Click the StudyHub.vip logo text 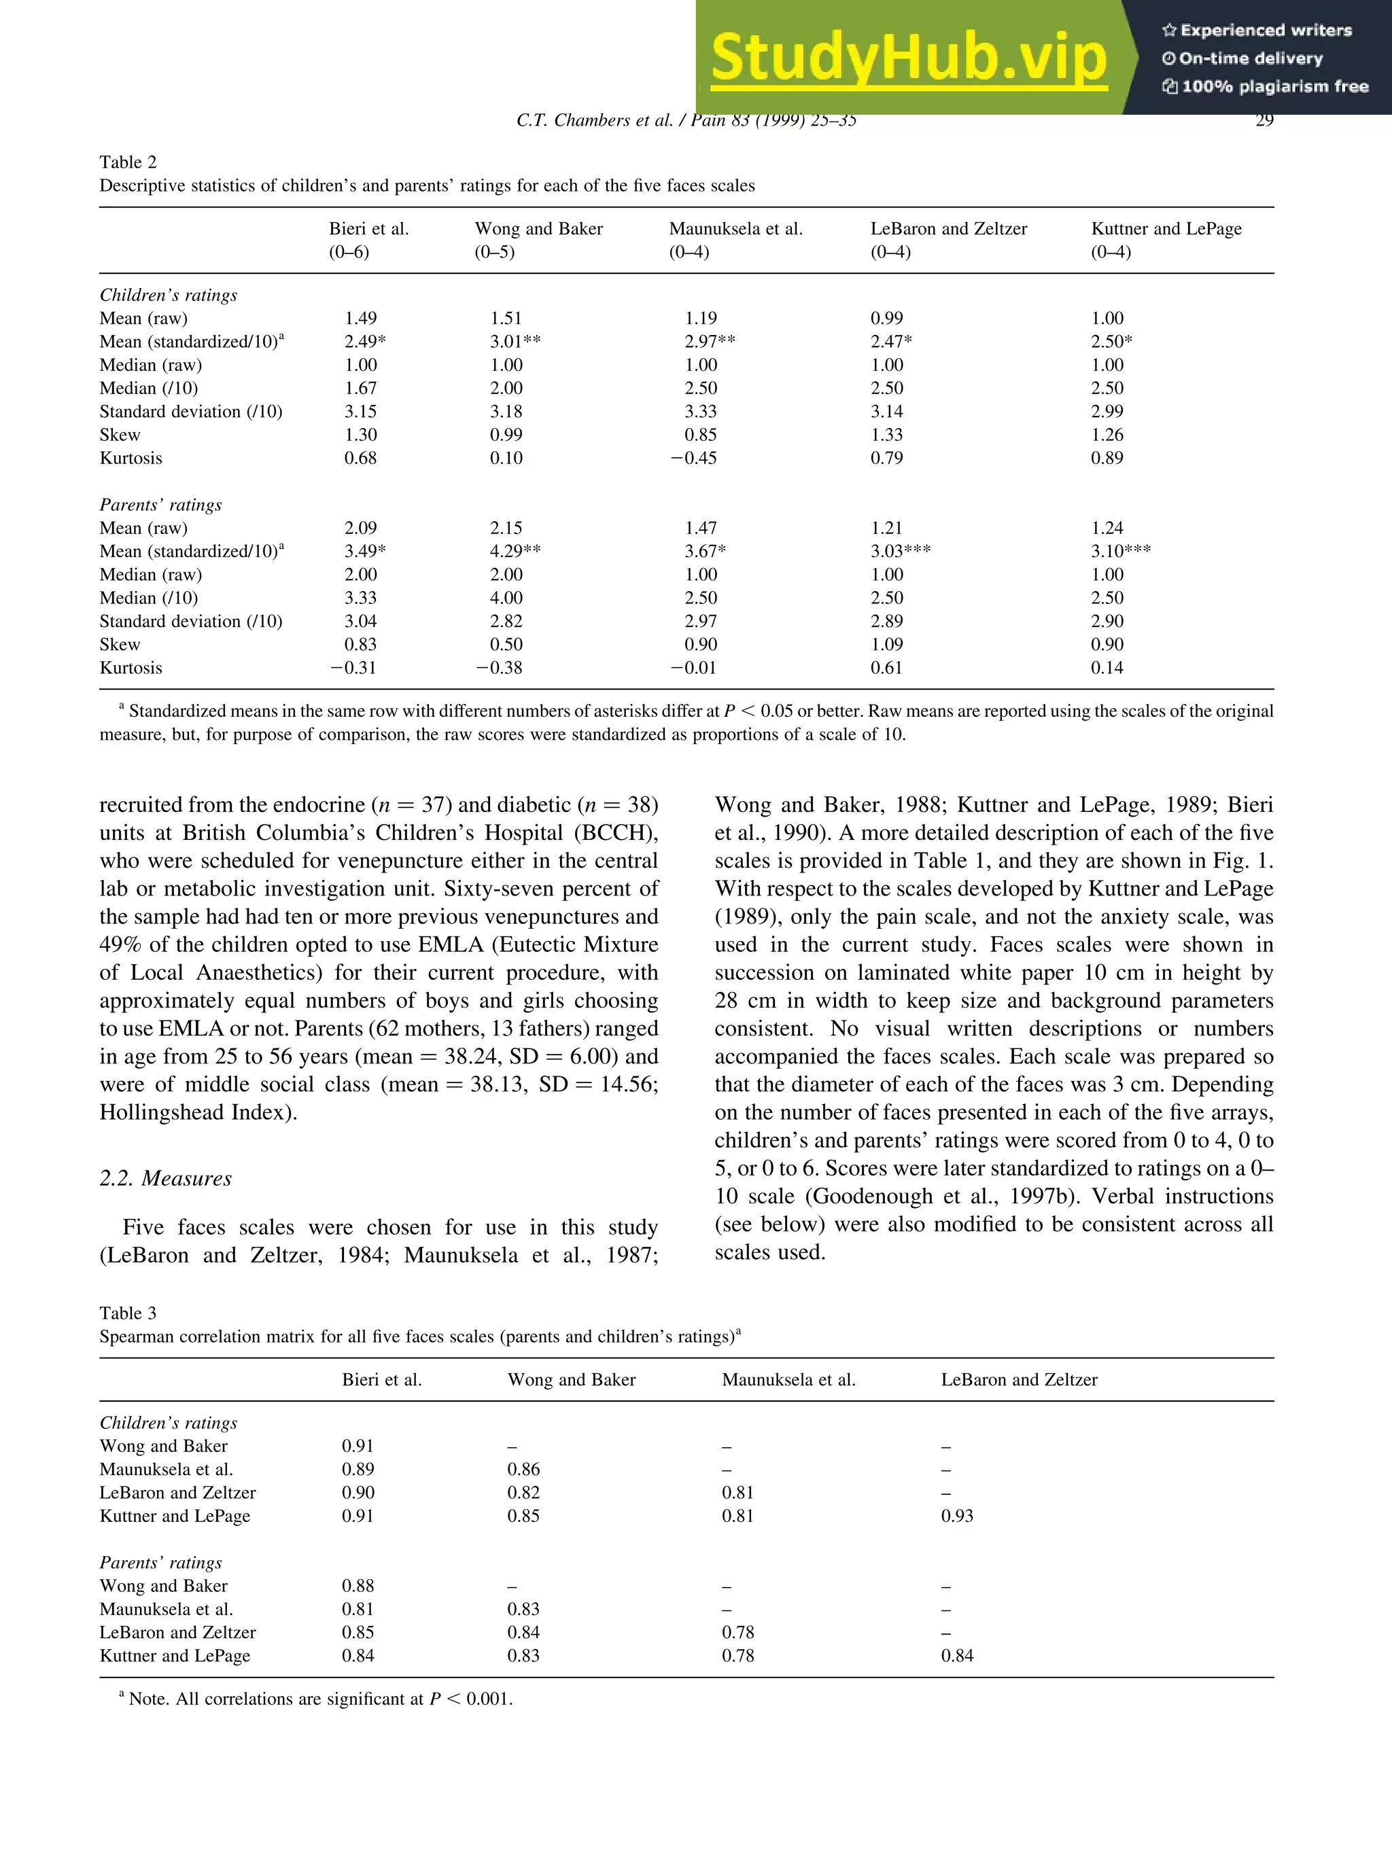(x=909, y=57)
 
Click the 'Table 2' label (x=128, y=162)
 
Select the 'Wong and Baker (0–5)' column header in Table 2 (x=538, y=239)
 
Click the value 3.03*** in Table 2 (x=900, y=552)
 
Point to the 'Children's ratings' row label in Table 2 (x=168, y=296)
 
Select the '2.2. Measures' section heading (x=165, y=1179)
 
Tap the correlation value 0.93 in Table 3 (x=956, y=1516)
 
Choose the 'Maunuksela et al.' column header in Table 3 (x=788, y=1380)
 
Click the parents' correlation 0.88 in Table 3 (x=358, y=1586)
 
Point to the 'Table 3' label (x=128, y=1313)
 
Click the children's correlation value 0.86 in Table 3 (x=523, y=1469)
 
